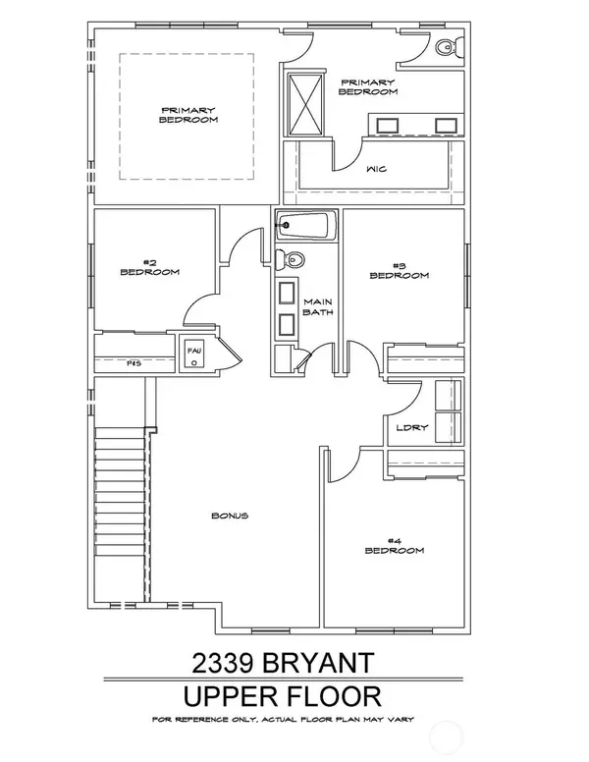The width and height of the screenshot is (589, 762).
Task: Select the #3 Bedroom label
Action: coord(399,270)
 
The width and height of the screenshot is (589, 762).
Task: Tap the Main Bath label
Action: coord(318,307)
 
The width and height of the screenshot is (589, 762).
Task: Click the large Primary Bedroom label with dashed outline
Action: coord(187,115)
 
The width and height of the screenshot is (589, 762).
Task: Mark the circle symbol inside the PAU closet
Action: coord(194,361)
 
